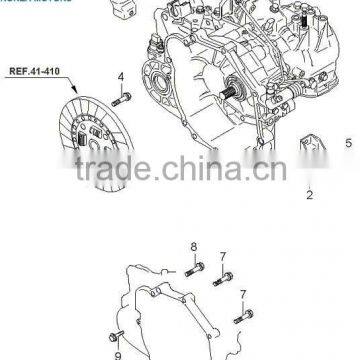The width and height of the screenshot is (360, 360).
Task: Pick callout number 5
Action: tap(349, 144)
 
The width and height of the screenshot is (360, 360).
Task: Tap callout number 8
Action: tap(193, 245)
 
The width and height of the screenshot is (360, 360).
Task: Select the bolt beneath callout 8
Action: tap(195, 265)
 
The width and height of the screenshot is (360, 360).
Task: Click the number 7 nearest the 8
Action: tap(223, 256)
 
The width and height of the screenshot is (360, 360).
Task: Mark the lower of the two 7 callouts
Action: tap(243, 294)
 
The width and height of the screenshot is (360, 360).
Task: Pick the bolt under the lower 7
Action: tap(241, 315)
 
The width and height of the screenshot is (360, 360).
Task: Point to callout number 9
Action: tap(116, 353)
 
